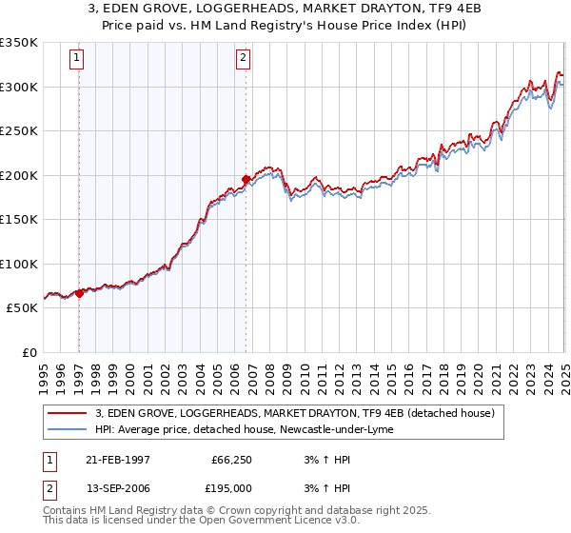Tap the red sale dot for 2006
246,179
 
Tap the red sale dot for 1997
80,293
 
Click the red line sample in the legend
68,414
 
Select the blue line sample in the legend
68,430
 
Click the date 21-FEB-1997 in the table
116,459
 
